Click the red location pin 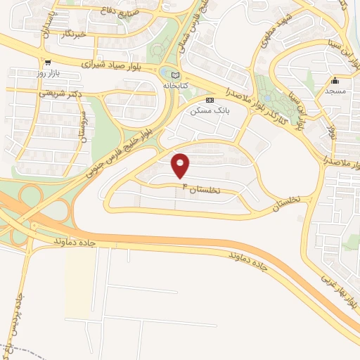[181, 165]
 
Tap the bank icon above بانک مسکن [210, 100]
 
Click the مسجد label [334, 91]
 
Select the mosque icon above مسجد [335, 79]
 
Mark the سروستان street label [83, 126]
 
